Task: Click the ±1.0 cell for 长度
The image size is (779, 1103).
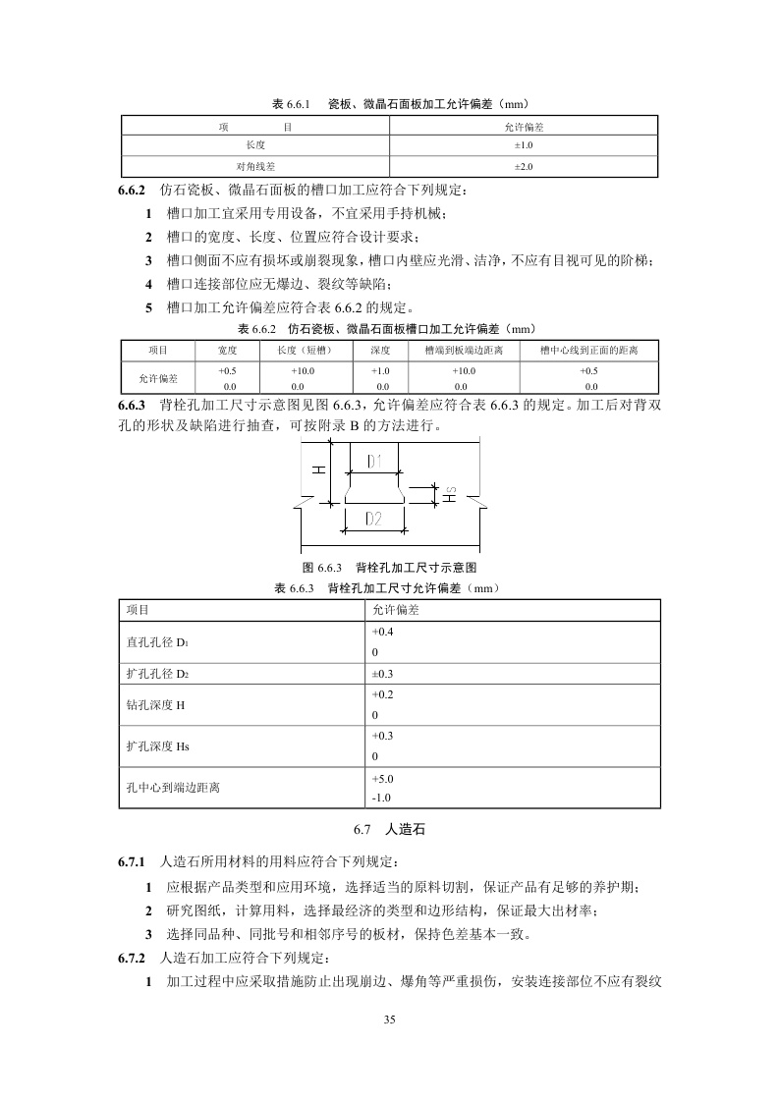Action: pyautogui.click(x=524, y=145)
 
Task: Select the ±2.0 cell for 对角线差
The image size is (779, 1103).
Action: pyautogui.click(x=524, y=166)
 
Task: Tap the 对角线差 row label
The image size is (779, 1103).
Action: pyautogui.click(x=254, y=166)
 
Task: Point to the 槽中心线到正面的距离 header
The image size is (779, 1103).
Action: pyautogui.click(x=590, y=351)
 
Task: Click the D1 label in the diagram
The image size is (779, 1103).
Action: pyautogui.click(x=374, y=461)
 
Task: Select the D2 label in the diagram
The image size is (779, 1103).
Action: pyautogui.click(x=373, y=519)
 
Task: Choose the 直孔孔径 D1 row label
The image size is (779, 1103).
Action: pyautogui.click(x=156, y=642)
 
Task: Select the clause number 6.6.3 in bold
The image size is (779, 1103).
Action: pyautogui.click(x=132, y=405)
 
